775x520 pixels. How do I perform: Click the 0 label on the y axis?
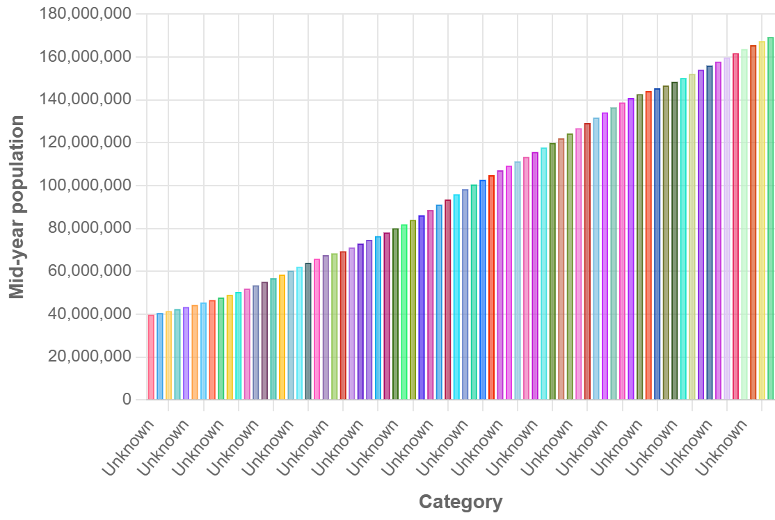click(126, 400)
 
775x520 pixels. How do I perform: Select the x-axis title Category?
click(460, 502)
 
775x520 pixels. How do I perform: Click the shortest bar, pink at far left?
click(151, 357)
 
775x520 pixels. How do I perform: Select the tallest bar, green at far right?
click(770, 218)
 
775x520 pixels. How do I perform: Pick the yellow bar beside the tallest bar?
click(762, 220)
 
